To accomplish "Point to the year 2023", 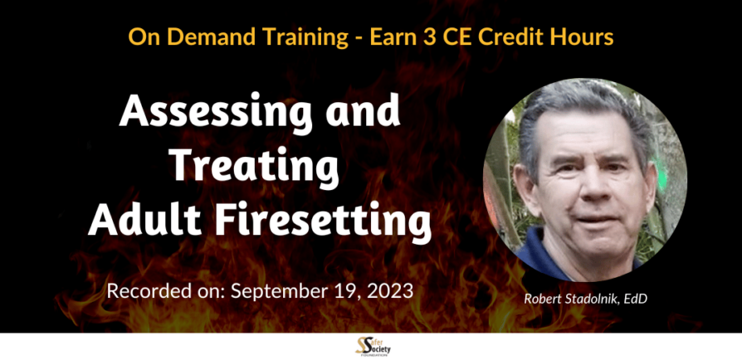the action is (389, 291).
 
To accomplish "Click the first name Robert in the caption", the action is (542, 299).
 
